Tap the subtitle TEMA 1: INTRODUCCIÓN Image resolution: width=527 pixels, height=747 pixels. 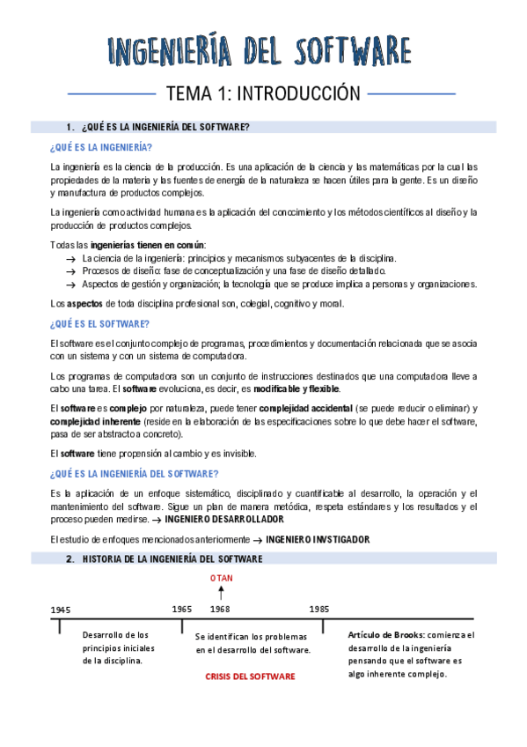pyautogui.click(x=263, y=93)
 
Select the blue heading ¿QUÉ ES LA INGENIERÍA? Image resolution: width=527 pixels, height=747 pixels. pyautogui.click(x=101, y=146)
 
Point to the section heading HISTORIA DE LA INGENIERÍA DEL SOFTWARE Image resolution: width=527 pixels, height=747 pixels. pyautogui.click(x=172, y=558)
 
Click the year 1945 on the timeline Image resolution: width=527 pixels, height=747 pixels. pyautogui.click(x=61, y=610)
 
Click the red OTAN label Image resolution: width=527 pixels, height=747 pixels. pyautogui.click(x=220, y=578)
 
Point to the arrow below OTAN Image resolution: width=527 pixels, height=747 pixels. pyautogui.click(x=220, y=594)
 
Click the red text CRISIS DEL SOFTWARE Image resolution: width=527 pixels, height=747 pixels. pyautogui.click(x=250, y=677)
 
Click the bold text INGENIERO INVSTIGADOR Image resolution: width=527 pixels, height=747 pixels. pyautogui.click(x=318, y=539)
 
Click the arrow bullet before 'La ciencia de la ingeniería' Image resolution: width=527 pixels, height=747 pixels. pyautogui.click(x=70, y=258)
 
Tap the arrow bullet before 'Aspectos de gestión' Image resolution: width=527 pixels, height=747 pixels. pyautogui.click(x=70, y=285)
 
